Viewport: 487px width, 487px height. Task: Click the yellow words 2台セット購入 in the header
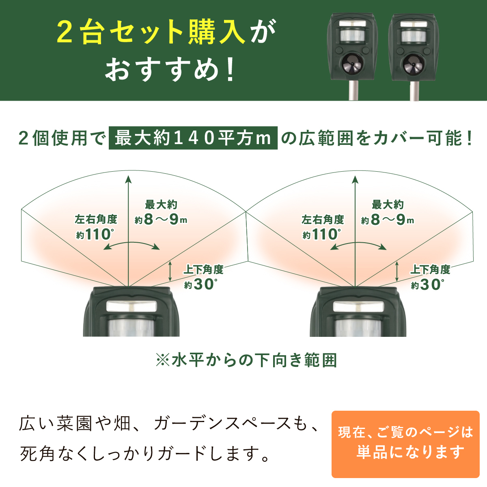click(x=151, y=32)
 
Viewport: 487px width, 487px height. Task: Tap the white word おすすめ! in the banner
click(x=170, y=69)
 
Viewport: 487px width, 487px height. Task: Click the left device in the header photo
click(x=353, y=56)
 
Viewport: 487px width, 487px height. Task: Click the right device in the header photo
click(x=414, y=56)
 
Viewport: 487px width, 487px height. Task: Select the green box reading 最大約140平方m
click(x=193, y=138)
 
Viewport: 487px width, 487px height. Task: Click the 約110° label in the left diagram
click(x=95, y=234)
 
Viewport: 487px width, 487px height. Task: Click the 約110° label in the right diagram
click(x=322, y=234)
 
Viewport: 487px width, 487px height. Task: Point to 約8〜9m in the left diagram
click(x=161, y=220)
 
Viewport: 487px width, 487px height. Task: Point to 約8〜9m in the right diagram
click(x=388, y=220)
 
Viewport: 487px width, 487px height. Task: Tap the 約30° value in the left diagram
click(x=200, y=284)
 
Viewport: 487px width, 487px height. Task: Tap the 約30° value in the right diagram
click(x=427, y=284)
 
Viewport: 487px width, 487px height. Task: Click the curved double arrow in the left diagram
click(x=131, y=243)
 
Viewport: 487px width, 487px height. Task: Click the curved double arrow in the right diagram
click(x=358, y=243)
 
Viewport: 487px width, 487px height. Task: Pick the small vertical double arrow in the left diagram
click(x=170, y=271)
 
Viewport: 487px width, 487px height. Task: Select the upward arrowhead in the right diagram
click(x=356, y=180)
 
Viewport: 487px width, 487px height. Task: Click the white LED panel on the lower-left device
click(x=131, y=306)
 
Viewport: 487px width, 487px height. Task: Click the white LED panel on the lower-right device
click(x=358, y=306)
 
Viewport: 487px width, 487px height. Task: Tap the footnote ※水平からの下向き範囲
click(x=246, y=360)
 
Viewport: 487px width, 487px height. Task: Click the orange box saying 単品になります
click(x=405, y=444)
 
